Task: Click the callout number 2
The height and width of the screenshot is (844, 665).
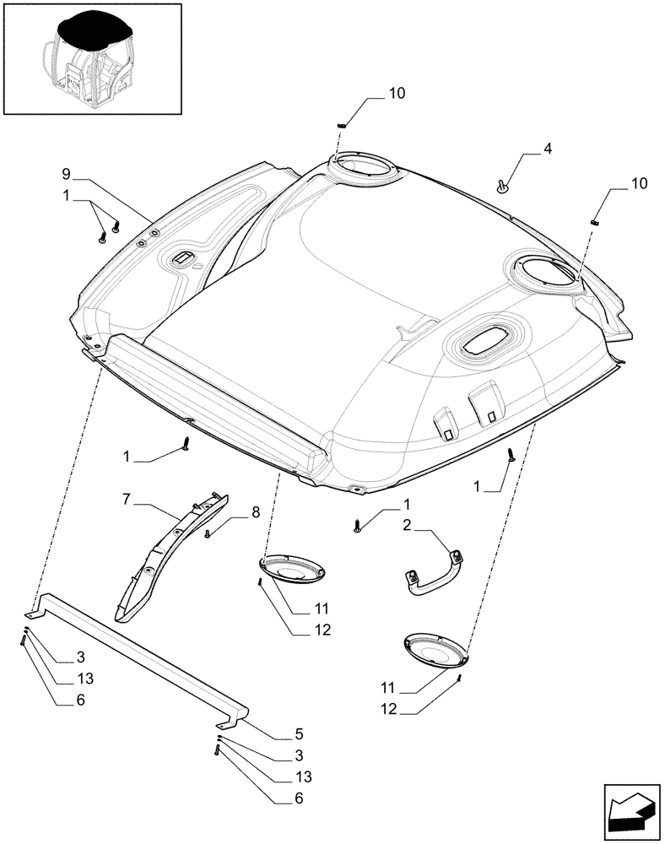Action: [406, 526]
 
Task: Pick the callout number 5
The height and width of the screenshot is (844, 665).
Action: [276, 733]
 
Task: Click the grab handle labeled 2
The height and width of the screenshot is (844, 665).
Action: [432, 575]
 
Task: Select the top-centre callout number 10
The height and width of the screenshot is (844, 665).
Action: [396, 95]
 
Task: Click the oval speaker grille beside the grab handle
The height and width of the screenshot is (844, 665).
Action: [436, 652]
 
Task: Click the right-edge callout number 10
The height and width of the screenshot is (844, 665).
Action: [638, 183]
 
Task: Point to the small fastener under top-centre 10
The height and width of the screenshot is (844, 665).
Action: [341, 125]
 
